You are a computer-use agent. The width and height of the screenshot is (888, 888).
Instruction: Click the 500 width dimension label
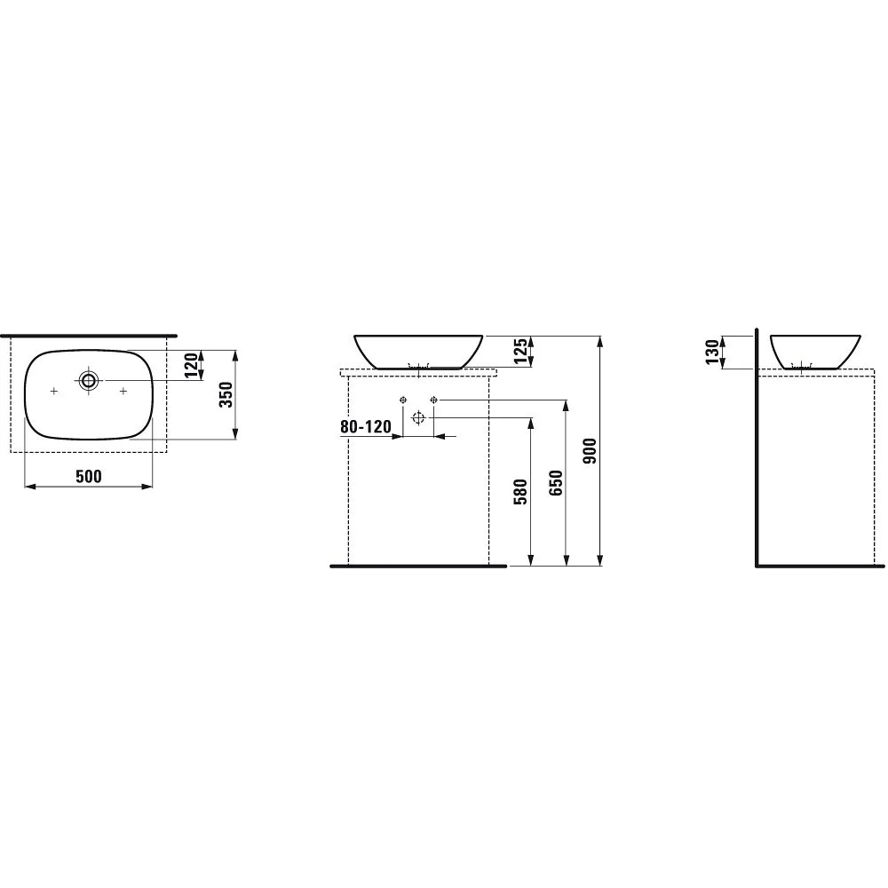(x=88, y=477)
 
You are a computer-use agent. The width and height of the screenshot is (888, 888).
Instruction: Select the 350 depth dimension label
(x=226, y=395)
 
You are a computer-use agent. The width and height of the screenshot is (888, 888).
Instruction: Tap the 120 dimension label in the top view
(x=192, y=365)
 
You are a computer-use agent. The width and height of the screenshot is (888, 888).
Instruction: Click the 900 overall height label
(x=590, y=451)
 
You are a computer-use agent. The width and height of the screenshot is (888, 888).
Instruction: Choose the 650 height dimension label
(x=556, y=482)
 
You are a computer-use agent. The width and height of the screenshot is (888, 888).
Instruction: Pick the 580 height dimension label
(x=520, y=492)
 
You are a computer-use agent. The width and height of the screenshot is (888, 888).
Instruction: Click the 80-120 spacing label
(x=365, y=426)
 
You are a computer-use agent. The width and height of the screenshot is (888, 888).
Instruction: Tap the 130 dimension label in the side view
(x=712, y=351)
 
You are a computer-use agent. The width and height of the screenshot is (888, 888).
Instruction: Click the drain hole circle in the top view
(x=88, y=380)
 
